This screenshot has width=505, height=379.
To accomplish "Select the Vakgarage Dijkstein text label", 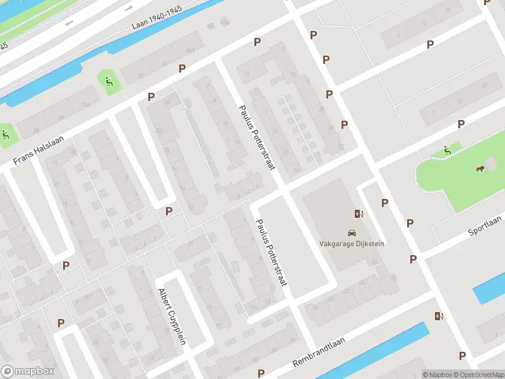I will (353, 243).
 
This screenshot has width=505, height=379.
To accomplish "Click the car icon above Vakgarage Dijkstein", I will (352, 232).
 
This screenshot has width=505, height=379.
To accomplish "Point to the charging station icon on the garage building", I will (359, 214).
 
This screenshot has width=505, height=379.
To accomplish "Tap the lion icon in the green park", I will (480, 169).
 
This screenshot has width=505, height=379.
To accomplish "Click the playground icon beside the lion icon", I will (447, 150).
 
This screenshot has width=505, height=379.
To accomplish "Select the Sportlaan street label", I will (484, 224).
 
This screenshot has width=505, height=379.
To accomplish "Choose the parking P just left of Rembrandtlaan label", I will (260, 373).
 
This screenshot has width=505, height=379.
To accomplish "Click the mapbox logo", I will (28, 371).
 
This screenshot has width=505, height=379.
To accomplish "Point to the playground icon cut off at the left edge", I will (5, 134).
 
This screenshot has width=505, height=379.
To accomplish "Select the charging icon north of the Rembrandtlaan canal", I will (438, 316).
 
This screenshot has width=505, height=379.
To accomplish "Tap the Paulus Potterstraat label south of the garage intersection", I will (271, 253).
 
